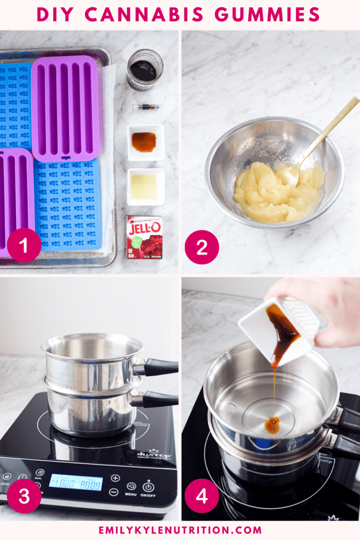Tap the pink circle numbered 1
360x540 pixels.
[x=24, y=245]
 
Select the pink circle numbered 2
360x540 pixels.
[x=202, y=246]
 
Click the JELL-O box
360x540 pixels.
[x=144, y=237]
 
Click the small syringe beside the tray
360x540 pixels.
[x=145, y=107]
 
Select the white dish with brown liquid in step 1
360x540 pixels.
[x=145, y=142]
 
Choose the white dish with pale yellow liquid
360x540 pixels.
[x=145, y=186]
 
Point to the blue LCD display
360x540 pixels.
[x=75, y=482]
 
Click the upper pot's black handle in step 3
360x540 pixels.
[x=160, y=367]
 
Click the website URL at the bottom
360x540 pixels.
[x=180, y=530]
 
